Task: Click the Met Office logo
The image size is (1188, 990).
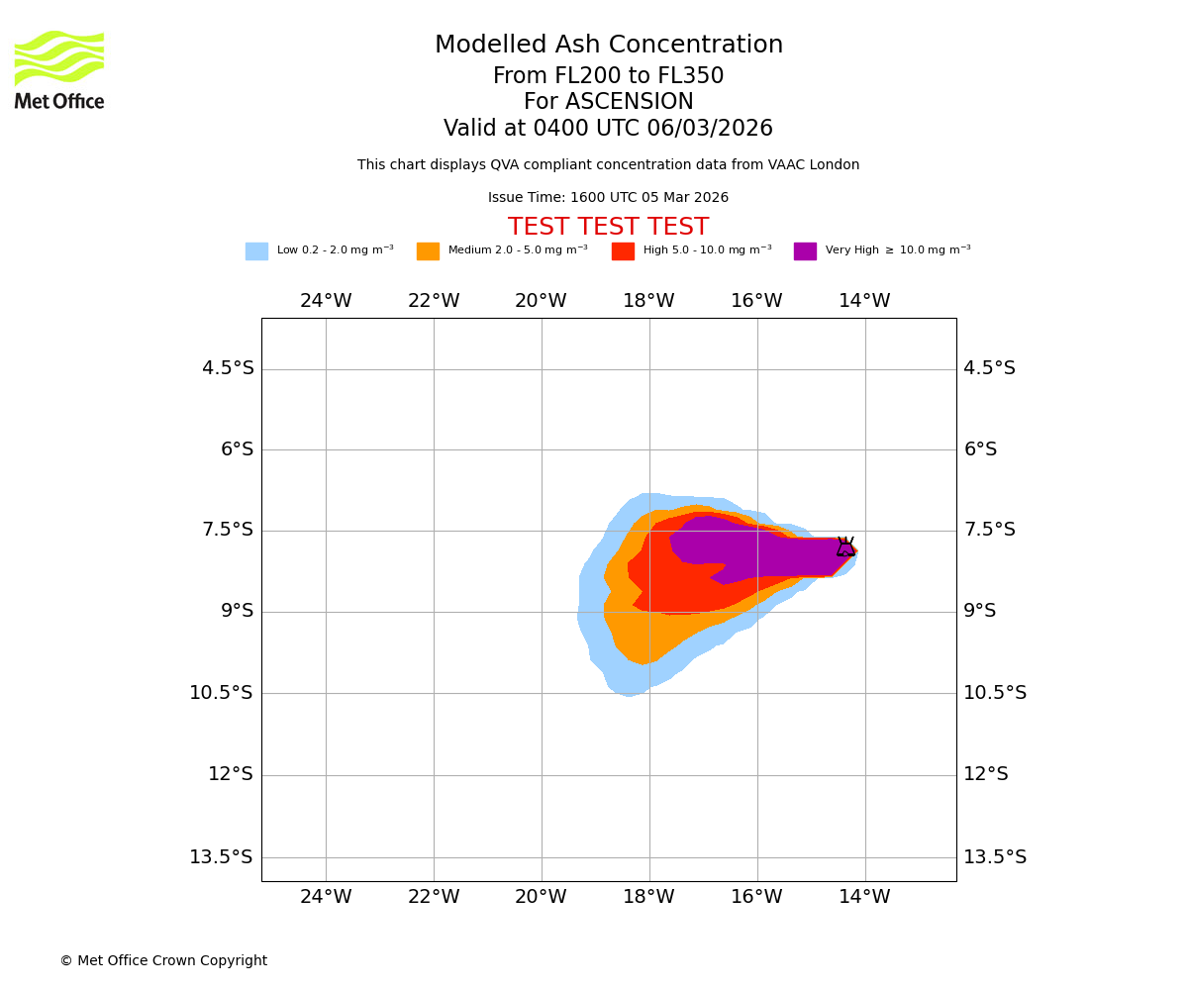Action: [x=59, y=69]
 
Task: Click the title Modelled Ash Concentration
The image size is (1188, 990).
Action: [x=609, y=46]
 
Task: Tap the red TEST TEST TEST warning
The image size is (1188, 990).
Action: [x=609, y=228]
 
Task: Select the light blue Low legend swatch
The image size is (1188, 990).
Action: [x=256, y=251]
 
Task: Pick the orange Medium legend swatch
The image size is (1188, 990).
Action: [x=428, y=251]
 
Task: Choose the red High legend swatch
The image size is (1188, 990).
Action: [x=623, y=251]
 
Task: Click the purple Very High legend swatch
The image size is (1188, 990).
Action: [x=805, y=251]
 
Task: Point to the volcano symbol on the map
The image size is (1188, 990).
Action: [x=845, y=546]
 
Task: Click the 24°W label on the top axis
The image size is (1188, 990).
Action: [x=326, y=301]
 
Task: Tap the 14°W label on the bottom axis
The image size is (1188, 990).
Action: [x=864, y=897]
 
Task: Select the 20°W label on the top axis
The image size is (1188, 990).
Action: [x=541, y=301]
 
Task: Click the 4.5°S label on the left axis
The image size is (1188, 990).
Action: [x=228, y=368]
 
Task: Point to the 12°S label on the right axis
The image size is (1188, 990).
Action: [x=986, y=774]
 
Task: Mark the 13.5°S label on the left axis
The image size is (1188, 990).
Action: [x=221, y=857]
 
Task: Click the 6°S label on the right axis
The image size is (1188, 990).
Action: [x=980, y=449]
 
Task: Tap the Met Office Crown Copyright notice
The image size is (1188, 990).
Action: [x=163, y=961]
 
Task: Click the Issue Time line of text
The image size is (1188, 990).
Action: [x=608, y=198]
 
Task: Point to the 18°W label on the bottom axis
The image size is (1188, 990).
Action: [x=648, y=897]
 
